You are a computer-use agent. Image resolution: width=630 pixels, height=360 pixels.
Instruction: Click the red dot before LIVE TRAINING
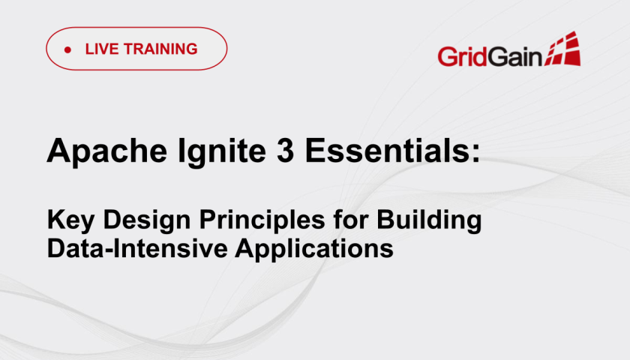click(67, 49)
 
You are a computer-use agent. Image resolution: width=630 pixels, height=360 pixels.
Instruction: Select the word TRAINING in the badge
click(160, 49)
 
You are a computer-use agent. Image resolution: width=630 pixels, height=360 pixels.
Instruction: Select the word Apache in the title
click(106, 151)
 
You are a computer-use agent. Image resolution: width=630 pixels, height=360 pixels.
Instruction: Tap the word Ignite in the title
click(222, 151)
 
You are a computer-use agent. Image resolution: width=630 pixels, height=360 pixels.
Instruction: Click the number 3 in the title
click(285, 150)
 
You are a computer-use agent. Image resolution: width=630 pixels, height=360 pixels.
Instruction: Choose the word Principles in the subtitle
click(262, 220)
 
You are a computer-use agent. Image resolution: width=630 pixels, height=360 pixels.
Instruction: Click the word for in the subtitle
click(350, 219)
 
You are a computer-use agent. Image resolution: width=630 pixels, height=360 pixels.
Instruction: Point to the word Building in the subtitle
click(429, 220)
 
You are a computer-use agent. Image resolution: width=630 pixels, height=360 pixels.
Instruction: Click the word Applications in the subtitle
click(314, 250)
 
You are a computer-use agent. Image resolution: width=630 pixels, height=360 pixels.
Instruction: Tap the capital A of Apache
click(58, 150)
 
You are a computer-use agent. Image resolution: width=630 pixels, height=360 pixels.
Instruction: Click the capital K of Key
click(57, 219)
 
